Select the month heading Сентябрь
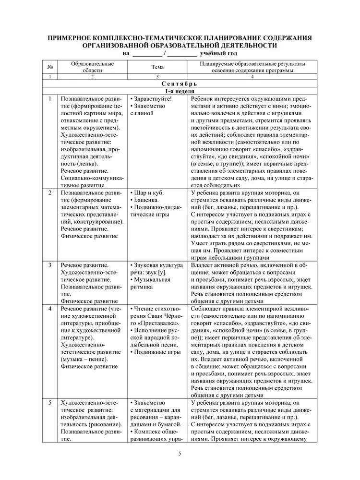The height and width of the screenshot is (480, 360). (x=180, y=84)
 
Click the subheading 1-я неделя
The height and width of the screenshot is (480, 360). (x=180, y=91)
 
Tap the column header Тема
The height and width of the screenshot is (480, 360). (x=157, y=67)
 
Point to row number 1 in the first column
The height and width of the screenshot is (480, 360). (x=49, y=98)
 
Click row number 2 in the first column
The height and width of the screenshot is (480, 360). (x=49, y=192)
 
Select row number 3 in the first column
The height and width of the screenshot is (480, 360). (x=49, y=265)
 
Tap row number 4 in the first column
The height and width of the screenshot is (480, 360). (x=49, y=308)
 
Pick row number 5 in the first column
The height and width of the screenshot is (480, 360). (x=49, y=402)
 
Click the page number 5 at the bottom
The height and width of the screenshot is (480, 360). (x=180, y=453)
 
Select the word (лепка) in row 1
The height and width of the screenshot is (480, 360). (x=72, y=163)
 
